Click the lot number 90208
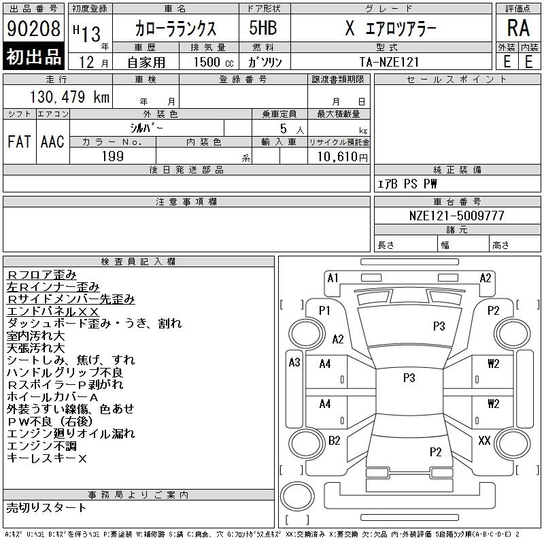click(x=33, y=29)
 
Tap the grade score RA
click(x=517, y=29)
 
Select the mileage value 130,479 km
click(x=70, y=97)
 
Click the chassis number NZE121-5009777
click(x=457, y=215)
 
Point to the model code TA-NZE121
click(x=390, y=61)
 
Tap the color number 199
click(x=112, y=156)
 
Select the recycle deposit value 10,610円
click(x=339, y=156)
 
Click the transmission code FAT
click(x=19, y=141)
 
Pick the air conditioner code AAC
click(x=52, y=141)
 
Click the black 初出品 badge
click(x=33, y=57)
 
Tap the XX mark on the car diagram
click(x=484, y=441)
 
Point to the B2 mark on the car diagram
click(x=334, y=441)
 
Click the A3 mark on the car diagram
click(x=294, y=362)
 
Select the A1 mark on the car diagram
click(x=333, y=277)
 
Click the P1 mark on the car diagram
click(x=324, y=310)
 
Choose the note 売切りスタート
click(x=46, y=507)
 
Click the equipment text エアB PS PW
click(x=408, y=184)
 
